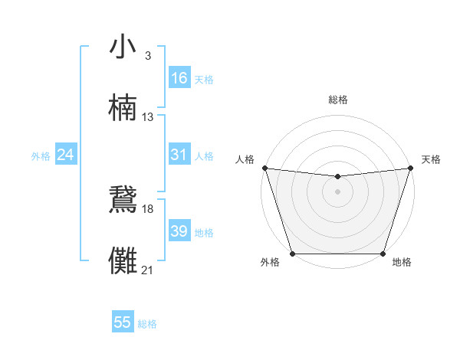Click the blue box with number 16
[x=179, y=78]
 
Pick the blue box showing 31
[x=179, y=155]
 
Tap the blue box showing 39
[x=179, y=231]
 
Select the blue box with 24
[x=66, y=155]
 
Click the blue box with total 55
[x=123, y=322]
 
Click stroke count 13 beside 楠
[x=148, y=116]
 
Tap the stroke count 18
[x=148, y=208]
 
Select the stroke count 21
[x=148, y=270]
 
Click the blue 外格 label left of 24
[x=41, y=156]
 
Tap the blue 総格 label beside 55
[x=147, y=324]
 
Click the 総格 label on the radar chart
[x=338, y=100]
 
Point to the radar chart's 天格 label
[x=431, y=159]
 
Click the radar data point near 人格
[x=264, y=168]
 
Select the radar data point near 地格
[x=383, y=254]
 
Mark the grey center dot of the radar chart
[x=337, y=191]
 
